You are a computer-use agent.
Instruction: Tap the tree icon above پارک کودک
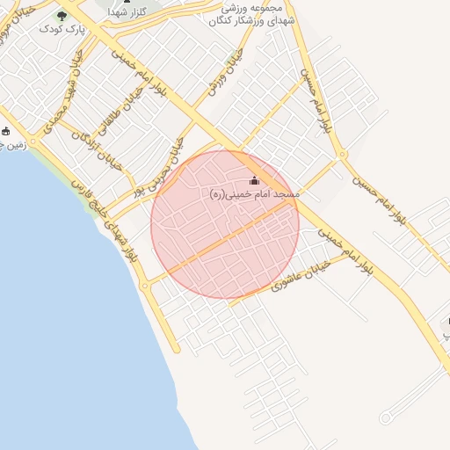coord(62,15)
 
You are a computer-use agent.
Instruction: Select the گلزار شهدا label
coord(127,12)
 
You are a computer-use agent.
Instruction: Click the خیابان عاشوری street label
coord(301,274)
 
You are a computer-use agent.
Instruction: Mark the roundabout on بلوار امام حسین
coord(342,156)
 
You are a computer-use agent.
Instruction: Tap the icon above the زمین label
coord(6,131)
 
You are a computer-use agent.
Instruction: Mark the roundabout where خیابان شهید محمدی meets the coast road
coord(33,141)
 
